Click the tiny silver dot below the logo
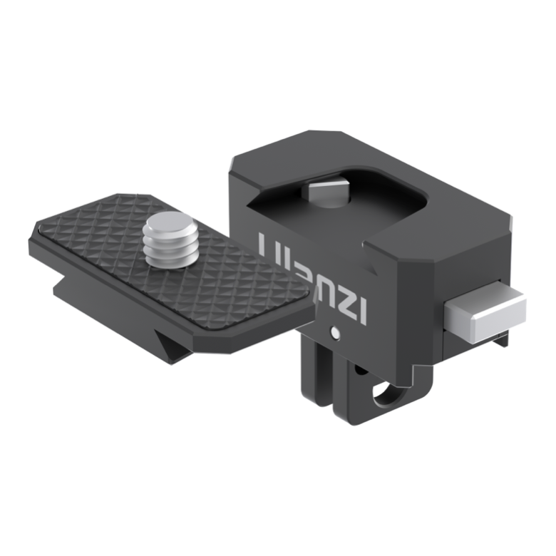coord(334,331)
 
